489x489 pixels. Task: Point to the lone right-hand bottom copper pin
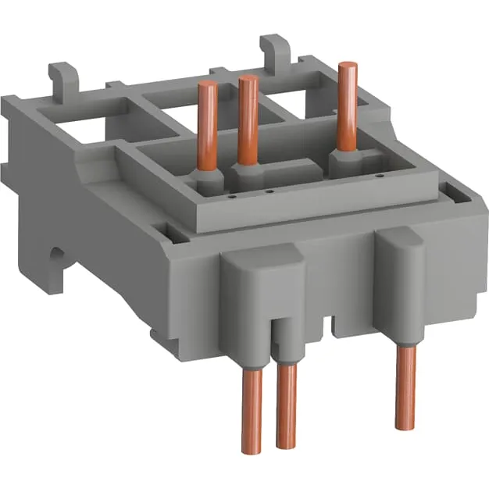405,387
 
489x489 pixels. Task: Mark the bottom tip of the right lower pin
405,427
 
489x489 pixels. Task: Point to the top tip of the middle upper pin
248,79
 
